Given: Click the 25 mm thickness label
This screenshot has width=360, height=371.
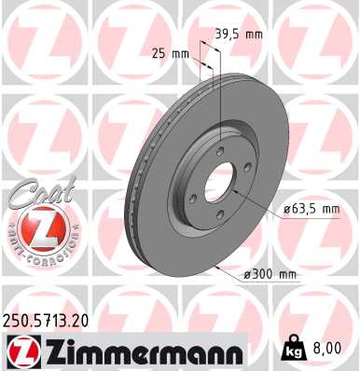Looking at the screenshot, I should point(169,52).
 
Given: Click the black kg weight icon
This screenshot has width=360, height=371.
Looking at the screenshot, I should point(294,349).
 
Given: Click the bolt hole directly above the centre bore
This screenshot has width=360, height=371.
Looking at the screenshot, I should point(219,153).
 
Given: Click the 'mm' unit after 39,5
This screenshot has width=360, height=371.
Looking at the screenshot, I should point(255,34).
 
